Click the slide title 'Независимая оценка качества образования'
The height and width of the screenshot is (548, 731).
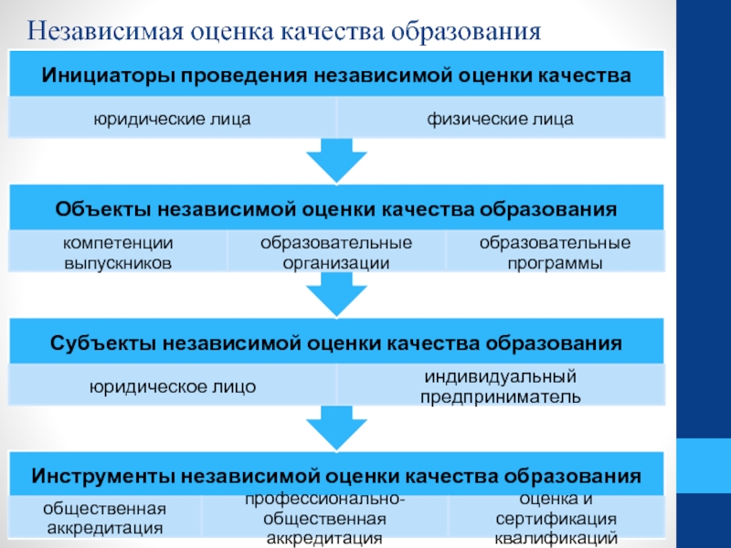point(283,32)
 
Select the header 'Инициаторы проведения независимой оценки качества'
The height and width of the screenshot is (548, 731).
point(336,74)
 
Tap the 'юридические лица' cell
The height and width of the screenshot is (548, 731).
point(173,119)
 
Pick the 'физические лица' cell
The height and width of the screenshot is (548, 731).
point(501,119)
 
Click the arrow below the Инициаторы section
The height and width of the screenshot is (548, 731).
point(336,161)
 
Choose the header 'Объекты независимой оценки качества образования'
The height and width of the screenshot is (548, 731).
point(336,208)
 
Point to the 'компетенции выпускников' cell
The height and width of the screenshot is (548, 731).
point(118,252)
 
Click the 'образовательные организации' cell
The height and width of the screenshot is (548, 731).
point(336,252)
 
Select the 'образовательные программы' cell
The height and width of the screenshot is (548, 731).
point(555,252)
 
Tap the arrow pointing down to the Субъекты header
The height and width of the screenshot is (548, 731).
point(336,294)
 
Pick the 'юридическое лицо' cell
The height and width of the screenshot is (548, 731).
point(173,385)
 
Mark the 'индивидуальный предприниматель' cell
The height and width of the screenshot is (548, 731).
point(501,385)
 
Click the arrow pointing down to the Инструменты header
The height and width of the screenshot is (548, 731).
point(336,428)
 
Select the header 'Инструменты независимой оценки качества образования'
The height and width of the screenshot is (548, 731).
point(336,475)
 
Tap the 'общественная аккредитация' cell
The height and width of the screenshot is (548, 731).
point(105,518)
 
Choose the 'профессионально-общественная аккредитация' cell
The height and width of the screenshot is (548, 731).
point(325,518)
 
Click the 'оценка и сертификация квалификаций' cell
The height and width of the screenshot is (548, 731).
point(556,518)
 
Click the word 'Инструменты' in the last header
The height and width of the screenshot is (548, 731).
point(103,476)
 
